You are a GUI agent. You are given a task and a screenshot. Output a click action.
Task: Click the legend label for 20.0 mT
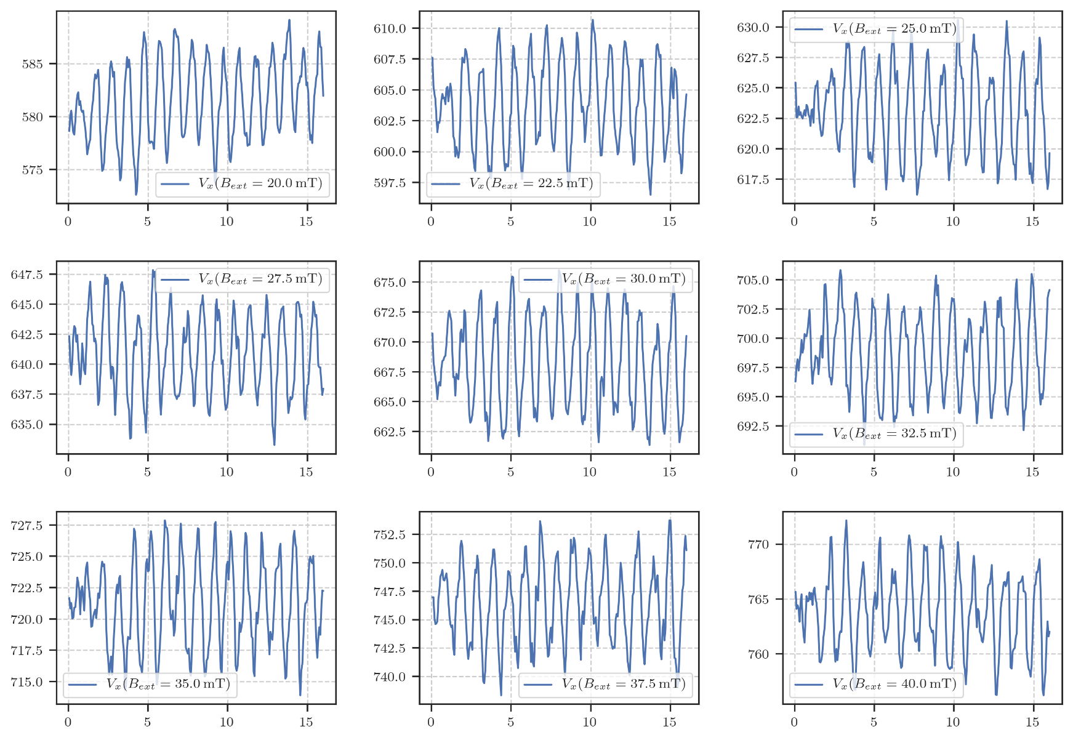tap(260, 183)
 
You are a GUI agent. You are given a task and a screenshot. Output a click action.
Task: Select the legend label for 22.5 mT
tap(531, 183)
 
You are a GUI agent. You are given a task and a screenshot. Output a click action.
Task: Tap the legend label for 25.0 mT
tap(894, 28)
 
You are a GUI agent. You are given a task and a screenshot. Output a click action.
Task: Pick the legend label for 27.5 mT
tap(260, 279)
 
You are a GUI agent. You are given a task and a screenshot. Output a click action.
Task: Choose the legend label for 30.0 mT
tap(624, 279)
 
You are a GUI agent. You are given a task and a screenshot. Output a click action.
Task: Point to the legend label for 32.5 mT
tap(894, 433)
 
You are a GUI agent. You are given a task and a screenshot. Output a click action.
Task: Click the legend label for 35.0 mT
tap(168, 684)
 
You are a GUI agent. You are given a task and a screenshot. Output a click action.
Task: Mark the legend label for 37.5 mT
tap(624, 684)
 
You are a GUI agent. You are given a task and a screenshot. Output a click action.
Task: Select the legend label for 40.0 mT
tap(894, 684)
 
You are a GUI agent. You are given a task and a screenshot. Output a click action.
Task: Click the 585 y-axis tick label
tap(33, 64)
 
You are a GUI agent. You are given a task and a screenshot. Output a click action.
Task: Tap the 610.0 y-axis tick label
tap(390, 28)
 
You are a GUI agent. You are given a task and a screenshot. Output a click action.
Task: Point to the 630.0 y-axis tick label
tap(753, 27)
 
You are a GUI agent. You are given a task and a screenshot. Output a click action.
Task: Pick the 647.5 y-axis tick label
tap(26, 275)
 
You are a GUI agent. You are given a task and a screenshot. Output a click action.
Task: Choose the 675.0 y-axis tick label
tap(390, 283)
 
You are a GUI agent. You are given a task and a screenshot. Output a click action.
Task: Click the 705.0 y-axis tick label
tap(753, 280)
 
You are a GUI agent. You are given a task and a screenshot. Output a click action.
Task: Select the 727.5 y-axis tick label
tap(26, 526)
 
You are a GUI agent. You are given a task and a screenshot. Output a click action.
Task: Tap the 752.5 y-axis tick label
tap(390, 534)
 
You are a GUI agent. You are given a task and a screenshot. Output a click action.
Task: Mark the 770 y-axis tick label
tap(758, 545)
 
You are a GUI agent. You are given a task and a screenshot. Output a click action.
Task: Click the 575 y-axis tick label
tap(33, 170)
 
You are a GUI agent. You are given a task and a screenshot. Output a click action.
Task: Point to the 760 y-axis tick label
tap(758, 654)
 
